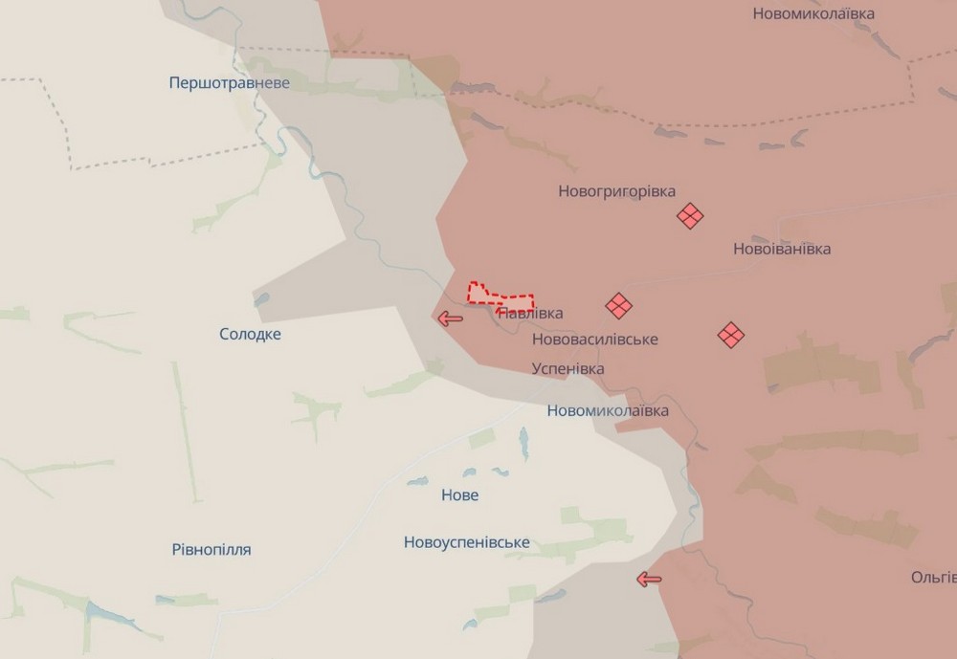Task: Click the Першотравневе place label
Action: tap(229, 83)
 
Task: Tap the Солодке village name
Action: tap(250, 334)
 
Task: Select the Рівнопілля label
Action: tap(211, 549)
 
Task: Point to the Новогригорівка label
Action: tap(616, 191)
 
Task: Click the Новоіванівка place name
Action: tap(781, 249)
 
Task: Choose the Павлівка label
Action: tap(532, 313)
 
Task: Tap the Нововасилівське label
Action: tap(594, 340)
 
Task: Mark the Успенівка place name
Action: tap(568, 368)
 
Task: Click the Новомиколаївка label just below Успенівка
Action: tap(608, 410)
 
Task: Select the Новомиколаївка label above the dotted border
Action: tap(813, 13)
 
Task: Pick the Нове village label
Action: tap(459, 495)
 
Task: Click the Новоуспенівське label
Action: tap(466, 542)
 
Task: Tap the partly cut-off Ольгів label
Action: tap(933, 578)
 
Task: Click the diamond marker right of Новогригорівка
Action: tap(689, 216)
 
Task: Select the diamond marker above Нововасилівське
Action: tap(618, 306)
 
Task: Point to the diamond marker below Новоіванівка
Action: tap(731, 335)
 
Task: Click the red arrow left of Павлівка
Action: tap(449, 319)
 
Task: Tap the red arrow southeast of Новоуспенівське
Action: tap(649, 579)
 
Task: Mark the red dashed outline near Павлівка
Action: tap(500, 294)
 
